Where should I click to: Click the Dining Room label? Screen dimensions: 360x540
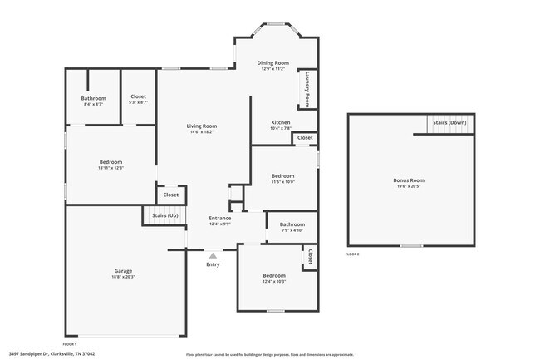point(272,62)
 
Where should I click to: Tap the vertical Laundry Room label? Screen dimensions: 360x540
point(307,89)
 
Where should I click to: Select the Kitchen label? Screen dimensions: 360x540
point(280,122)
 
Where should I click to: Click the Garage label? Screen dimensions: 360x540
point(123,271)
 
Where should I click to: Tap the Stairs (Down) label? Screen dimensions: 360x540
point(449,122)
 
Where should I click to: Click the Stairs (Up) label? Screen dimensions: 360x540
point(164,215)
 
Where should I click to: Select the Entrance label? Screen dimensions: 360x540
point(220,218)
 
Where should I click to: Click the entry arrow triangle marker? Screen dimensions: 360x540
point(213,255)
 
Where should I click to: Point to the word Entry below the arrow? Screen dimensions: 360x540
point(213,264)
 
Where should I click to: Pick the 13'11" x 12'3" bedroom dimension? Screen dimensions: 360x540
point(110,168)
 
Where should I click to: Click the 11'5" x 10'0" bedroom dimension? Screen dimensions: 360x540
point(282,182)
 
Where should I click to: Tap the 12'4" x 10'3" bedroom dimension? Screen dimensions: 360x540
point(274,281)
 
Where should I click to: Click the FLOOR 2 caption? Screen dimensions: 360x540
point(352,254)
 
